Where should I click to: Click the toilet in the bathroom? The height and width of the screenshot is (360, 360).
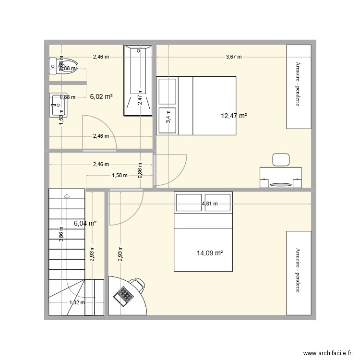[x=63, y=66]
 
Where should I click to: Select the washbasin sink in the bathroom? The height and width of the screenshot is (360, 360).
[x=59, y=105]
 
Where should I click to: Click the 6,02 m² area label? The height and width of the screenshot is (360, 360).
[x=101, y=96]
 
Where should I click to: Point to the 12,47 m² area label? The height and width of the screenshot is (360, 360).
[x=234, y=116]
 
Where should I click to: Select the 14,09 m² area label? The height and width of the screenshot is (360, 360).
[x=210, y=253]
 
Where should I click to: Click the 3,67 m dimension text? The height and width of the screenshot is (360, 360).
[x=233, y=57]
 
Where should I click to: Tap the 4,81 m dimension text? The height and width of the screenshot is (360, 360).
[x=210, y=204]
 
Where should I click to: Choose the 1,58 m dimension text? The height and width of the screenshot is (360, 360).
[x=120, y=175]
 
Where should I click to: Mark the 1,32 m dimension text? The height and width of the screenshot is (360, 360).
[x=77, y=302]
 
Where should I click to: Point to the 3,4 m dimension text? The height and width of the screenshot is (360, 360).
[x=168, y=117]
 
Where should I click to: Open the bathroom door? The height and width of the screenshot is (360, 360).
[x=97, y=130]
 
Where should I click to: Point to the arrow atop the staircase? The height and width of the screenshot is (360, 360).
[x=67, y=195]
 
